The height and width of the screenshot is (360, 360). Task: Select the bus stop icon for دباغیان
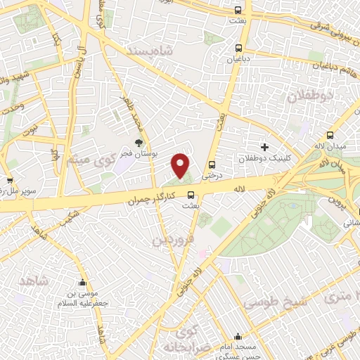[239, 49]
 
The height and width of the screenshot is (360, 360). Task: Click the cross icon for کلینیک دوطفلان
[264, 147]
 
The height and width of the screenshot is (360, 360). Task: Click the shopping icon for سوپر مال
[12, 180]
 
